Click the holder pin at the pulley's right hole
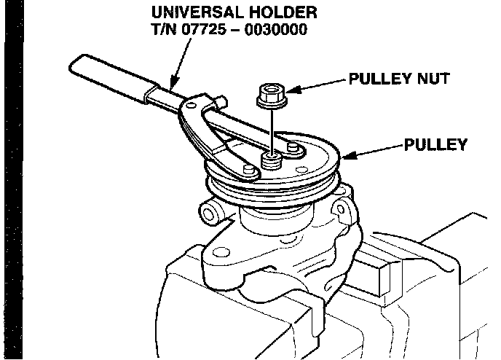(x=294, y=148)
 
